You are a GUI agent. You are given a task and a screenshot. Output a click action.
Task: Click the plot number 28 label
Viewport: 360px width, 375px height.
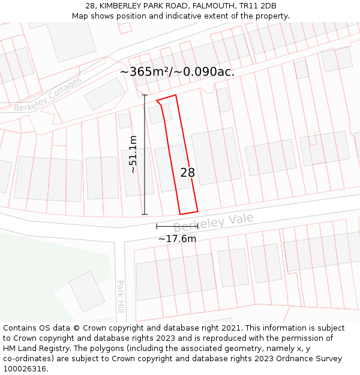187,173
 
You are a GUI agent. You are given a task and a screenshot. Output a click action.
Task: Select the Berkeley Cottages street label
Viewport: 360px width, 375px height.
48,95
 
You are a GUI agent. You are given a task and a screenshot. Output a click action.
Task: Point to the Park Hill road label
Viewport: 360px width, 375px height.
120,296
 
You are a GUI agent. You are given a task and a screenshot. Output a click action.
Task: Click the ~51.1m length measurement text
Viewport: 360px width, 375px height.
133,154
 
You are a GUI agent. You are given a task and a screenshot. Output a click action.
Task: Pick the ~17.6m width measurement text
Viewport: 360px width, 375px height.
177,239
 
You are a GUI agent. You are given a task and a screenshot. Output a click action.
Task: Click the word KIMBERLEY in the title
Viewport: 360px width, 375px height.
121,6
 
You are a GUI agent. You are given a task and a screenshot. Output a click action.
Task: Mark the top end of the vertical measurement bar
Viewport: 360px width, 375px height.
145,95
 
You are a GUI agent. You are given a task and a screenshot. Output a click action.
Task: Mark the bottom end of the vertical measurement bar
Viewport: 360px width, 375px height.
145,214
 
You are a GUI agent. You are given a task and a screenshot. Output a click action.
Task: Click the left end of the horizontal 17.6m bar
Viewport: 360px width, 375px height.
157,226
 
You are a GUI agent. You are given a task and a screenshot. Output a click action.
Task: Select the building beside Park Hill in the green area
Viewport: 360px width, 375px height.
87,292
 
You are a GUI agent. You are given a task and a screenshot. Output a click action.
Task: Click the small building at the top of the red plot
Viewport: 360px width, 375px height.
160,113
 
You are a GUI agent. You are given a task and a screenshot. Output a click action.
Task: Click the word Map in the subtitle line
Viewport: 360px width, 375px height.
80,16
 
